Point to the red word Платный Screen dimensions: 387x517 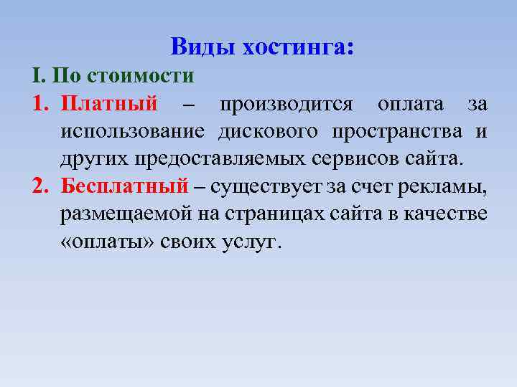click(x=109, y=105)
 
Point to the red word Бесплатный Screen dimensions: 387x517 click(x=124, y=186)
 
